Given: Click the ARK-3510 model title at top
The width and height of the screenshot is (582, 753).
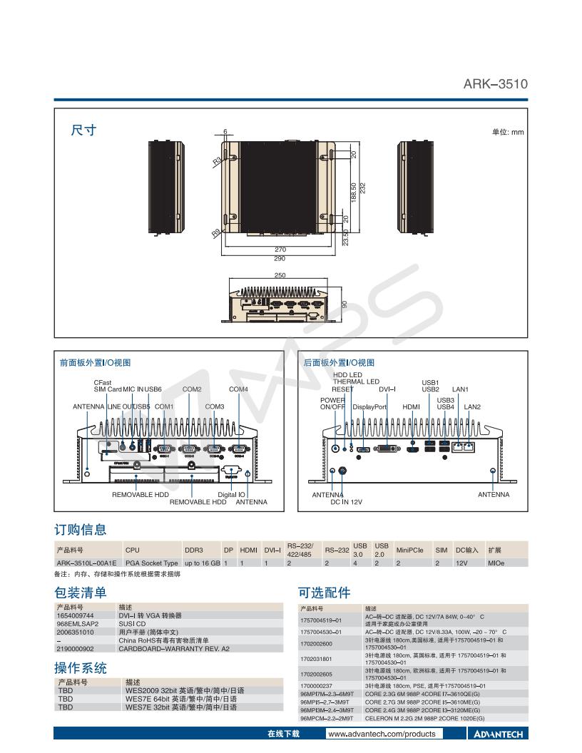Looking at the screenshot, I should (496, 84).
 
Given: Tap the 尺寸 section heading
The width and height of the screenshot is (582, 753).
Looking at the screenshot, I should (83, 130).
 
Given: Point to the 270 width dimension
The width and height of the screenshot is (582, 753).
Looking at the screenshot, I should (280, 250).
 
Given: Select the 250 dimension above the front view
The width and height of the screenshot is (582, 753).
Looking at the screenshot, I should (280, 275).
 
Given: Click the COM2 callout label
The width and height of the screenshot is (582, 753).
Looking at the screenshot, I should (192, 389).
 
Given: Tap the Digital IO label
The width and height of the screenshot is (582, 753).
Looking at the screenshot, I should (232, 494).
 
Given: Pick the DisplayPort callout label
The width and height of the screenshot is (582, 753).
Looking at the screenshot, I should (369, 406).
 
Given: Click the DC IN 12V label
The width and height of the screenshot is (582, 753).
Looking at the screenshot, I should (346, 502).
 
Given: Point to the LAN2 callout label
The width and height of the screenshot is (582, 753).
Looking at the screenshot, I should (472, 406).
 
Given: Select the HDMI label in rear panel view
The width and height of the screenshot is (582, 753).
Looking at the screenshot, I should (411, 406).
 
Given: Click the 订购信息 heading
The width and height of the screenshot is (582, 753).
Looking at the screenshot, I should (81, 529).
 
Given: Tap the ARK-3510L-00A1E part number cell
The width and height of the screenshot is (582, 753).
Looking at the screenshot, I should (81, 563).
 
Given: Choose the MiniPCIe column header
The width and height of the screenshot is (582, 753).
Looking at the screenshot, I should (409, 550).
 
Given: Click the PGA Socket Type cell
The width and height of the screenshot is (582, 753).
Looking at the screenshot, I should (151, 563).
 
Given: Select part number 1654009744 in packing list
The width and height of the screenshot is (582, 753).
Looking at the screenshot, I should (76, 615).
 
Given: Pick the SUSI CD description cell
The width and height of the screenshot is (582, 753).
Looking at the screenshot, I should (132, 623).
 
